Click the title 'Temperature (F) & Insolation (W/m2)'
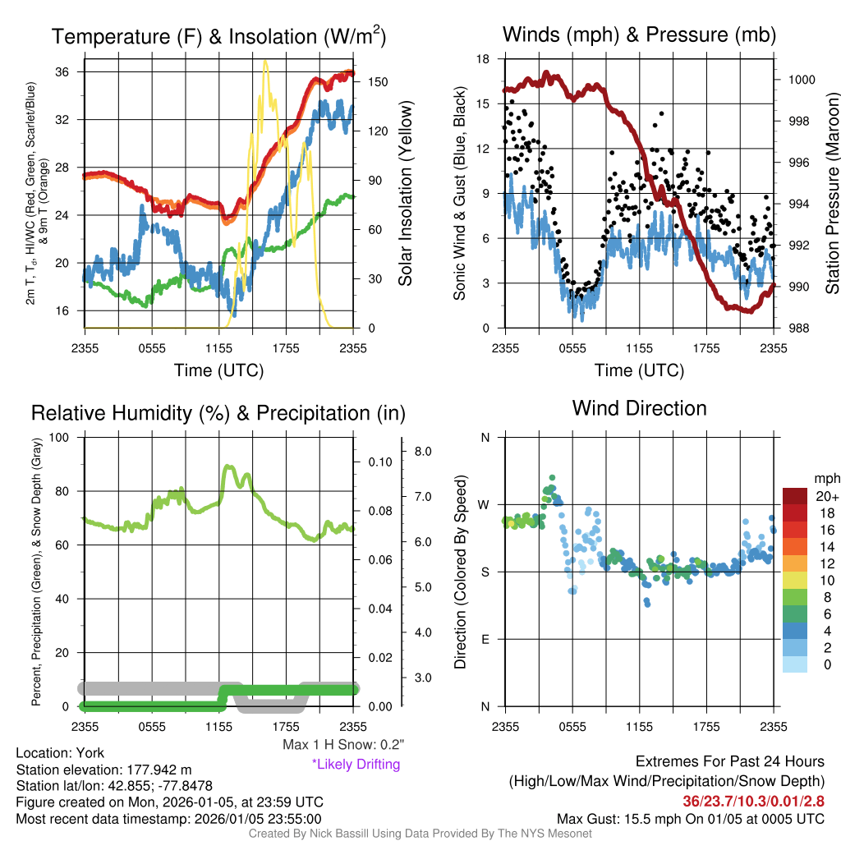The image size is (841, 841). (x=218, y=36)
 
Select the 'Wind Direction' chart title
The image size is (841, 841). (x=639, y=408)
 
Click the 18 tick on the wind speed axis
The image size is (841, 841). (x=483, y=59)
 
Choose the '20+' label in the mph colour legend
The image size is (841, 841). (x=826, y=496)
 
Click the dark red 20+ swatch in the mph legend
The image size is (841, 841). (x=797, y=496)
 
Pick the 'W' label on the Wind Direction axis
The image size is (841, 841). (x=485, y=504)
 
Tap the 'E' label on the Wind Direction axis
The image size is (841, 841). (x=485, y=639)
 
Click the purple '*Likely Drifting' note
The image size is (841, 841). (x=356, y=764)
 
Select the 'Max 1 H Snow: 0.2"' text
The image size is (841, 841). (x=342, y=745)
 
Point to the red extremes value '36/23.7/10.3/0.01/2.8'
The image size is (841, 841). (x=753, y=800)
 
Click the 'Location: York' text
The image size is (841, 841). (x=60, y=753)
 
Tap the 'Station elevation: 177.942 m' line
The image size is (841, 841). (x=103, y=770)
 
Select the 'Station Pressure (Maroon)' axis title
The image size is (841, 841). (x=831, y=194)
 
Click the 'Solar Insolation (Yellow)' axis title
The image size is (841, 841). (x=405, y=194)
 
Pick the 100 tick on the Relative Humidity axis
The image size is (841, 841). (x=62, y=437)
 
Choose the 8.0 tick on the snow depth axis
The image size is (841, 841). (x=423, y=451)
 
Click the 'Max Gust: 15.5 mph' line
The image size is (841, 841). (x=690, y=819)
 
